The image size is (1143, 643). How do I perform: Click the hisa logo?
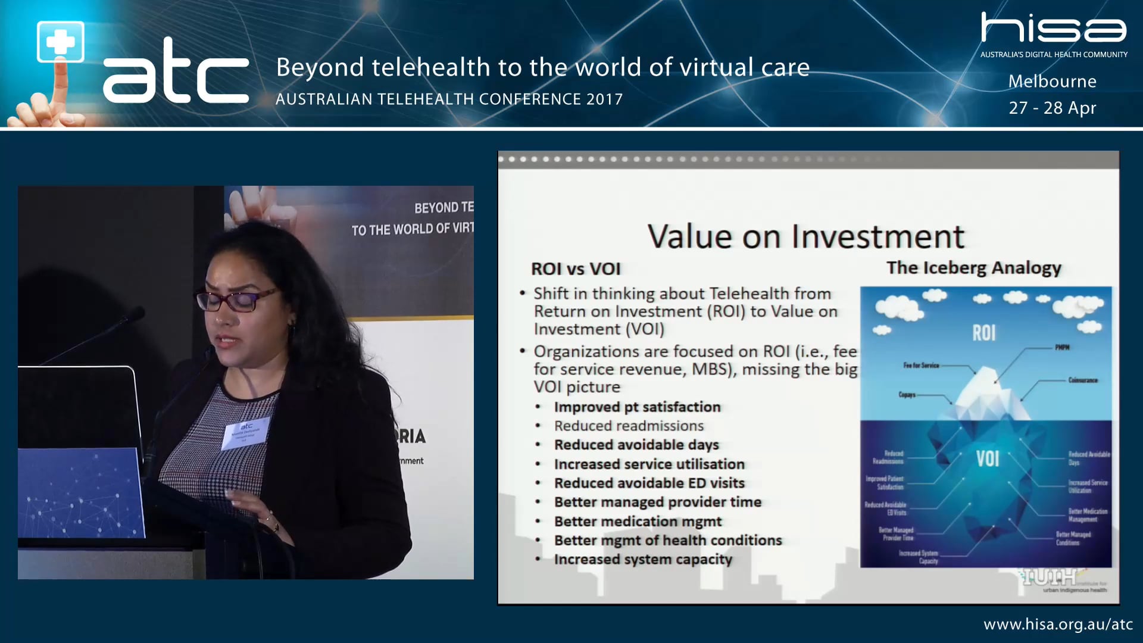(1053, 29)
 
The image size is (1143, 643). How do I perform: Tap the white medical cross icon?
(60, 42)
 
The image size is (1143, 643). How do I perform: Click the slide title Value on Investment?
(805, 236)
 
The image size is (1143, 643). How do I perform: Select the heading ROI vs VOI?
(576, 269)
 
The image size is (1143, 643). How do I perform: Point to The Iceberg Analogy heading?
(973, 268)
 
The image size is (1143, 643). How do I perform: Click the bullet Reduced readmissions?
(629, 426)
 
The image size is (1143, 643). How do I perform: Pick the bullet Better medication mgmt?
(638, 522)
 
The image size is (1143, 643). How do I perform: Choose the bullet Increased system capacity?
(643, 560)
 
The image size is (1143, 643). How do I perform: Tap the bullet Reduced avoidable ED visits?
(649, 483)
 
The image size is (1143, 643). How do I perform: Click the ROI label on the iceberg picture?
(983, 333)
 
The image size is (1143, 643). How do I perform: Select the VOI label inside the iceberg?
(987, 458)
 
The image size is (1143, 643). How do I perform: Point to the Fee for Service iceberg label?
(921, 365)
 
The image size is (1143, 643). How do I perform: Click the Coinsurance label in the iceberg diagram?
(1082, 380)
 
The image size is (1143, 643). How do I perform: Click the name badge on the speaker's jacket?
(246, 432)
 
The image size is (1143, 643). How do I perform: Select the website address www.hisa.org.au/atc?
(1058, 625)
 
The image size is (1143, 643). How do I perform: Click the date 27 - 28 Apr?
(1052, 108)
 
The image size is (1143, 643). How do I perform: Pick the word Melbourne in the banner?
(1052, 82)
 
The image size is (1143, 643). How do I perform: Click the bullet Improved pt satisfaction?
(637, 407)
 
